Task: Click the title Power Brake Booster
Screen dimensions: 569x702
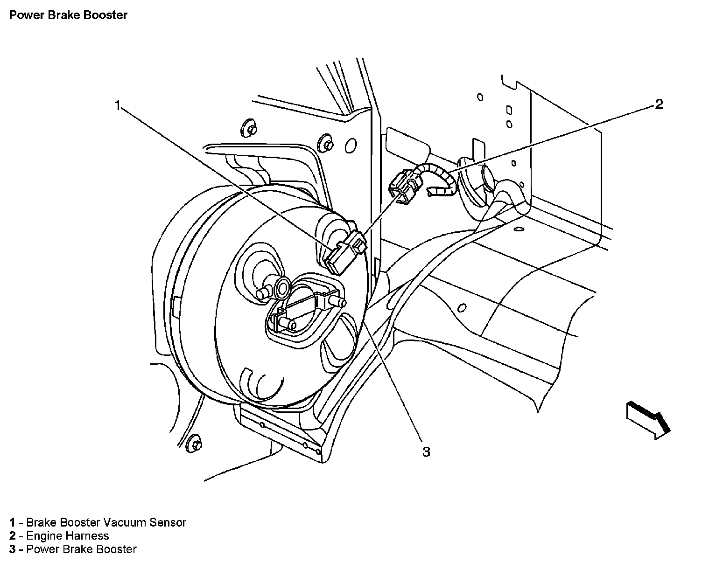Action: pyautogui.click(x=68, y=15)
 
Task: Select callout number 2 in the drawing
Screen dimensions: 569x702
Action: pyautogui.click(x=659, y=104)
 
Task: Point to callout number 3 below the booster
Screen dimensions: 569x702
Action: pyautogui.click(x=426, y=451)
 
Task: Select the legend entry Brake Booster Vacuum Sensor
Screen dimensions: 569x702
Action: pyautogui.click(x=98, y=522)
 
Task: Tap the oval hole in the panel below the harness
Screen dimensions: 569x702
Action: pyautogui.click(x=463, y=308)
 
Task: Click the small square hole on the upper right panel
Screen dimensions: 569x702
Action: pyautogui.click(x=509, y=111)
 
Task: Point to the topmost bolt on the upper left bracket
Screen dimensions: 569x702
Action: pyautogui.click(x=249, y=129)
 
